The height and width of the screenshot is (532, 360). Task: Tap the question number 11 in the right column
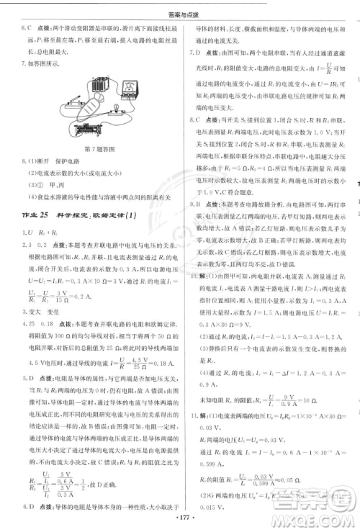pos(192,416)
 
